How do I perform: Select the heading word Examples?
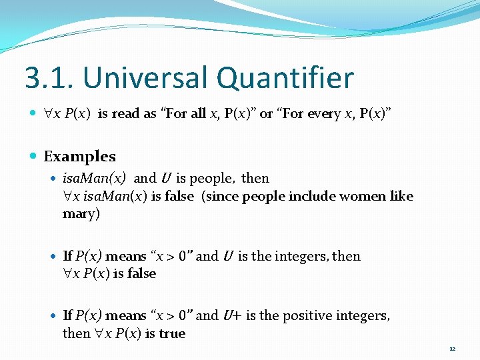tap(79, 157)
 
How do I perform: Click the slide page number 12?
tap(452, 349)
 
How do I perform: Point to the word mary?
tap(81, 214)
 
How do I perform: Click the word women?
tap(363, 196)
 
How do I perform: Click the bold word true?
tap(172, 333)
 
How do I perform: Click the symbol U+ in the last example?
tap(232, 315)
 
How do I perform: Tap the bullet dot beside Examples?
tap(35, 157)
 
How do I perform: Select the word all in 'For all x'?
tap(198, 114)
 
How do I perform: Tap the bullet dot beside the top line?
tap(35, 114)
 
